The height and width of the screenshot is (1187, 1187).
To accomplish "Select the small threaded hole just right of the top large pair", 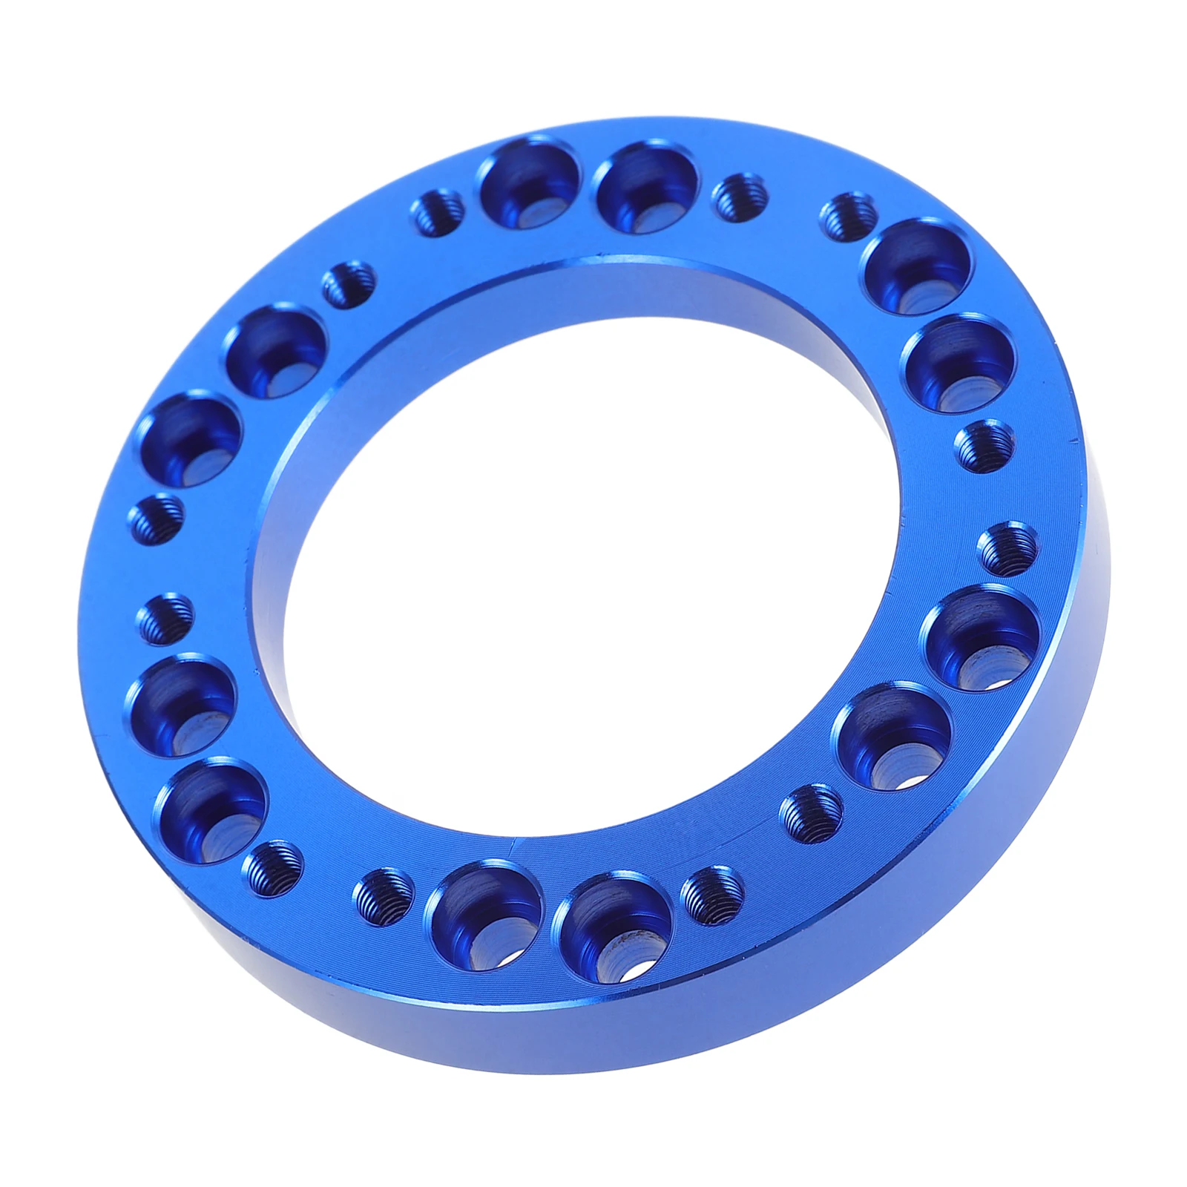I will point(737,197).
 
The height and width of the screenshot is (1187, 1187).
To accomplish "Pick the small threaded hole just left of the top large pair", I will point(438,212).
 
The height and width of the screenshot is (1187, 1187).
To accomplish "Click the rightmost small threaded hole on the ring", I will point(1009,549).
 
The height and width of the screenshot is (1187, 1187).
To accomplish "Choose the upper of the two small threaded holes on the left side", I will point(157,519).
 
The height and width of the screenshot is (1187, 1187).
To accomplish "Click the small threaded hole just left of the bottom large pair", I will point(382,898).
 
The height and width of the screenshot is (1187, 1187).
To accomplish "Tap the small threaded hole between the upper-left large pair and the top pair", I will point(349,283).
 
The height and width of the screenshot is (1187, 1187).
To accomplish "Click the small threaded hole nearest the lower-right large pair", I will point(812,814).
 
